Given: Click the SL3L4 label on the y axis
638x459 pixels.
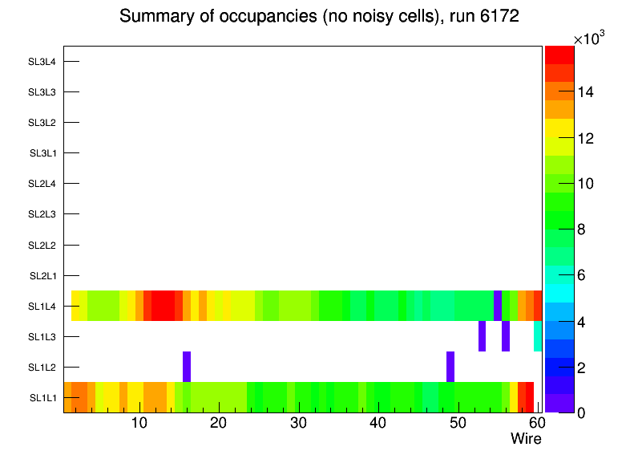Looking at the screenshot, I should point(42,62).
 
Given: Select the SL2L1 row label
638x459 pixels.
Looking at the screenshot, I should point(42,276).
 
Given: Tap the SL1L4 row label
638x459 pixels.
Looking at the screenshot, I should point(42,307).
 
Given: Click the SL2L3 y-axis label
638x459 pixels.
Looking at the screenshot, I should point(42,214).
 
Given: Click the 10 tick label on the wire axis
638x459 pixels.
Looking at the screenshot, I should point(139,423).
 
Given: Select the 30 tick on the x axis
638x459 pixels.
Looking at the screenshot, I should point(298,423).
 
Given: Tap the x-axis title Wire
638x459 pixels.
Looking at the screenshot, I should point(526,439).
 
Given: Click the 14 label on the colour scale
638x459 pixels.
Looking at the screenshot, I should point(585,92).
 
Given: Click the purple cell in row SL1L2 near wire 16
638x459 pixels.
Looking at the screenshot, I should point(187,367).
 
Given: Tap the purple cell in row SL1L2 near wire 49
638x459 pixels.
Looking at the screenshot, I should point(450,367).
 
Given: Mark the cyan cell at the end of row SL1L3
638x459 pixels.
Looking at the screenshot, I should point(538,336).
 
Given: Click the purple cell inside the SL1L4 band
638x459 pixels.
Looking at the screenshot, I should point(498,306).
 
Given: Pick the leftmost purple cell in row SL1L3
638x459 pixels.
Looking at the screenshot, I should point(483,336).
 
